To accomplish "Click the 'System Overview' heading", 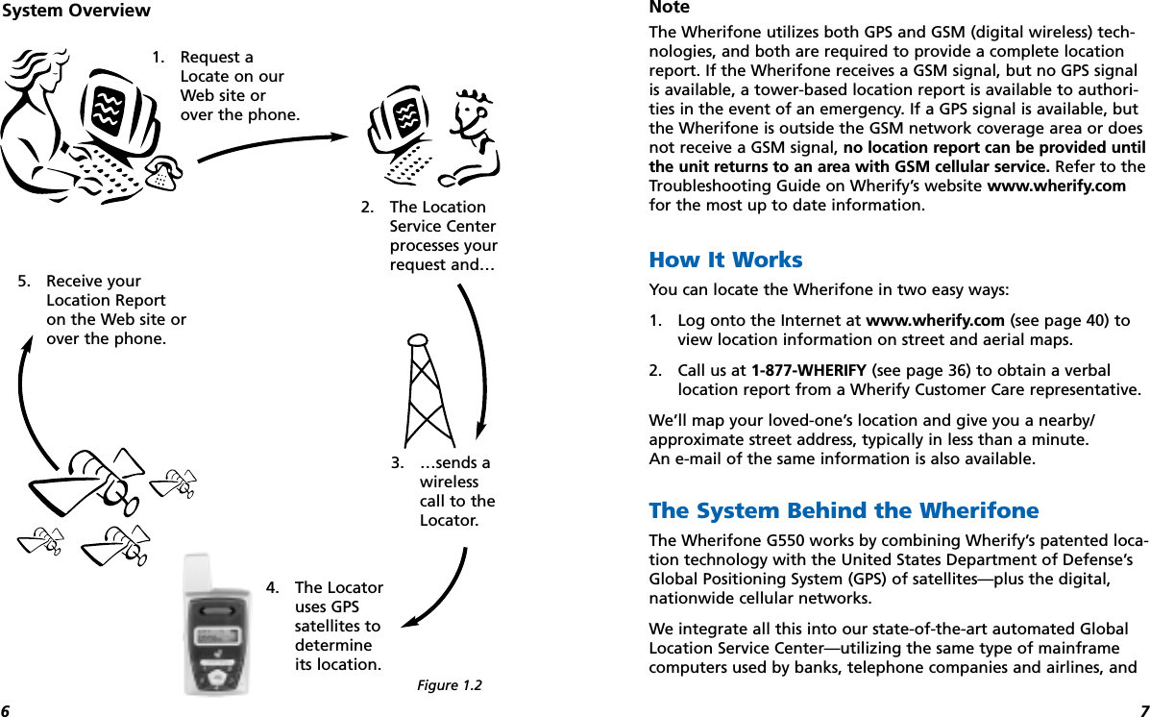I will [76, 12].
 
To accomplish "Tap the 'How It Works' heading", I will [725, 260].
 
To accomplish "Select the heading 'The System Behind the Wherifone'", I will [844, 510].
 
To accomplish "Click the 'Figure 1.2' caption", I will [449, 685].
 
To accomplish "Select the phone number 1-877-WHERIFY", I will [809, 371].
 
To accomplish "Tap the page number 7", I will [1143, 710].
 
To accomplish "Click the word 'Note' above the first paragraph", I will [670, 8].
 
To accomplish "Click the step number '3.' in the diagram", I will [397, 463].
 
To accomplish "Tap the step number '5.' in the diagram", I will [24, 282].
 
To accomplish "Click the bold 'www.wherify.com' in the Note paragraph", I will [1057, 185].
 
